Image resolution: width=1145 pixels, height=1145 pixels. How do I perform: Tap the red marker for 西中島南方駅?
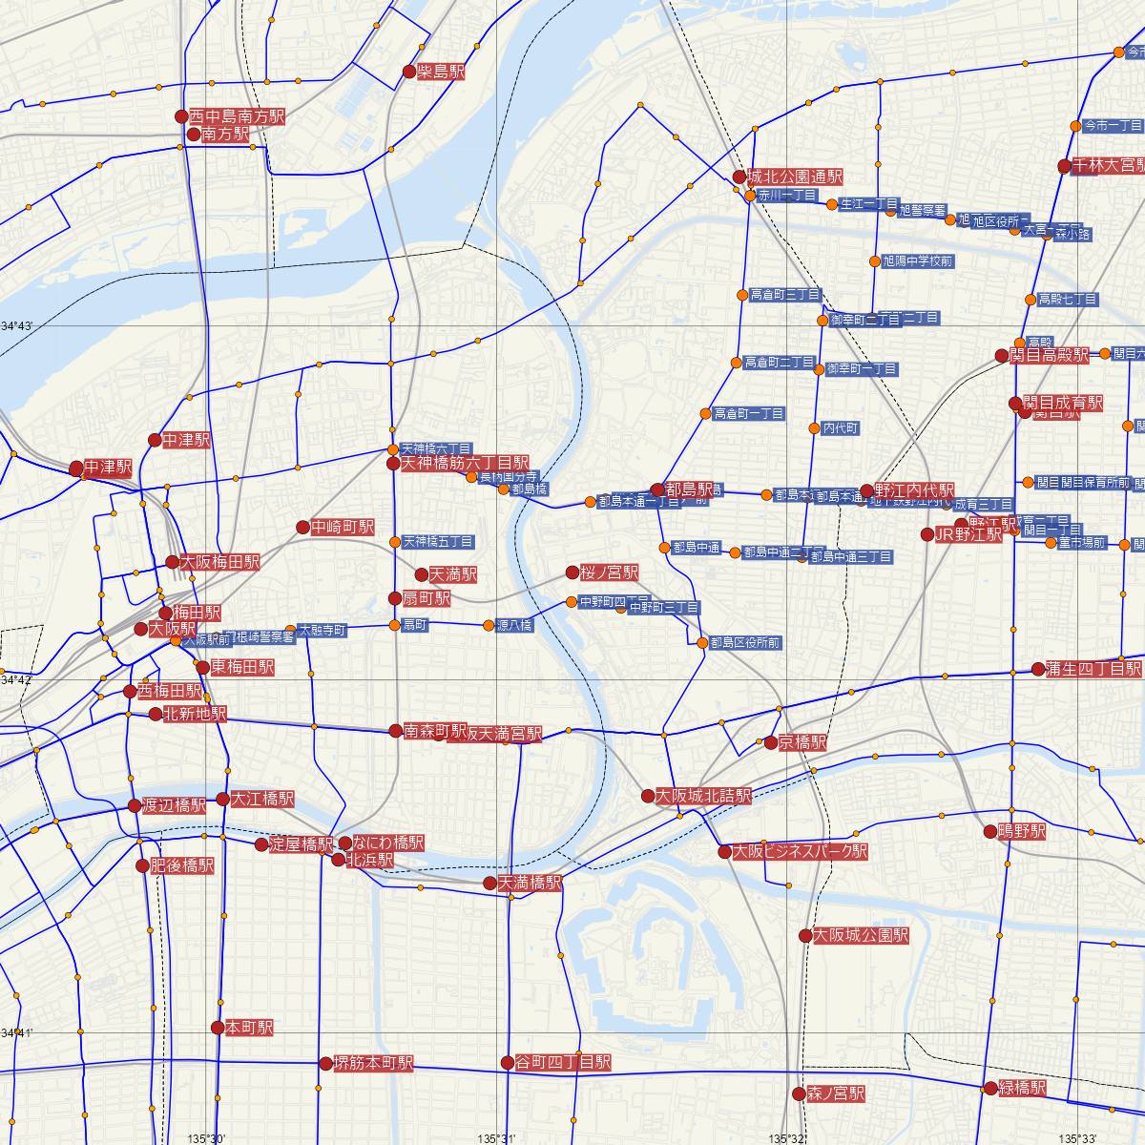click(x=181, y=116)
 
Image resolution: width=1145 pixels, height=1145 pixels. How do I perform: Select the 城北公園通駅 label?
click(x=795, y=177)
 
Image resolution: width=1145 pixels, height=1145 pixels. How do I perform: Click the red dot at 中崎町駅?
click(x=302, y=527)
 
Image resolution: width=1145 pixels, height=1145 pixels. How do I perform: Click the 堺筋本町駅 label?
click(x=373, y=1063)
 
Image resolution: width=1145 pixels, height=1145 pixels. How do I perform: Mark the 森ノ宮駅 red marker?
click(x=798, y=1093)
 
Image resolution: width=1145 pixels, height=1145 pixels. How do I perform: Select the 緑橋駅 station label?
click(x=1022, y=1088)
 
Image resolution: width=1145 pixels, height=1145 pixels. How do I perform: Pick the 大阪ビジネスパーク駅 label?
click(x=800, y=851)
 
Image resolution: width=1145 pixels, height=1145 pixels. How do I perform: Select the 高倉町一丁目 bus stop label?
click(x=749, y=413)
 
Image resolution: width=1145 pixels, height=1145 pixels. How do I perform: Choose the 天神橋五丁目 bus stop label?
click(x=438, y=541)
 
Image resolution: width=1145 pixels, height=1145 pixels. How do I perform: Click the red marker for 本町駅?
click(x=218, y=1028)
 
